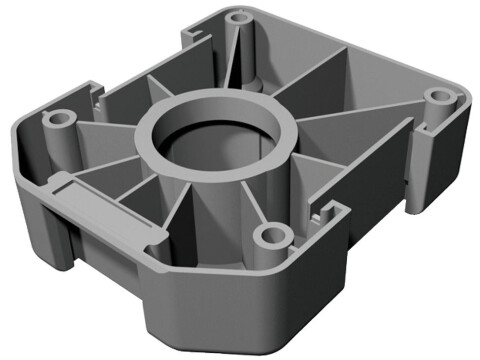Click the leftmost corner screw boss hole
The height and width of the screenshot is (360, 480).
(x=59, y=117)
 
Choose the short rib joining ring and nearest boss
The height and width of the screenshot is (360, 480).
(x=256, y=200)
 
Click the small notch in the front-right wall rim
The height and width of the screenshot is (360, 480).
(x=318, y=212)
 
